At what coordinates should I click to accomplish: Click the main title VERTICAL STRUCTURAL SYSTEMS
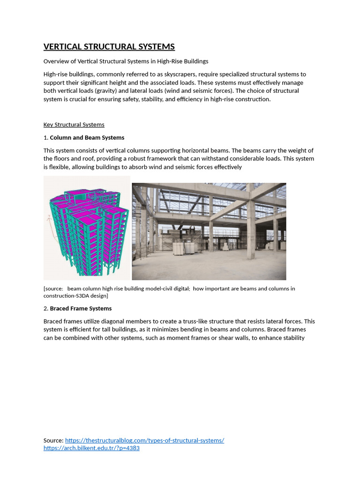(109, 46)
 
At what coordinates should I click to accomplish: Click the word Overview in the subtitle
(56, 61)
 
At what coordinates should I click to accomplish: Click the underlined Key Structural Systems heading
(74, 125)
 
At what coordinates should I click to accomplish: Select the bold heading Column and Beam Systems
(87, 138)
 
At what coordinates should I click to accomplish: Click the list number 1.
(45, 138)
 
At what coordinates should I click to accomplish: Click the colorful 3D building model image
(87, 228)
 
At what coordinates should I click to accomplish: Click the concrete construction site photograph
(209, 231)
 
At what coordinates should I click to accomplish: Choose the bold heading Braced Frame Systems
(81, 308)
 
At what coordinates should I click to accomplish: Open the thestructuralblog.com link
(144, 440)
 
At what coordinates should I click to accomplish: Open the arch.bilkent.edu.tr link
(91, 448)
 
